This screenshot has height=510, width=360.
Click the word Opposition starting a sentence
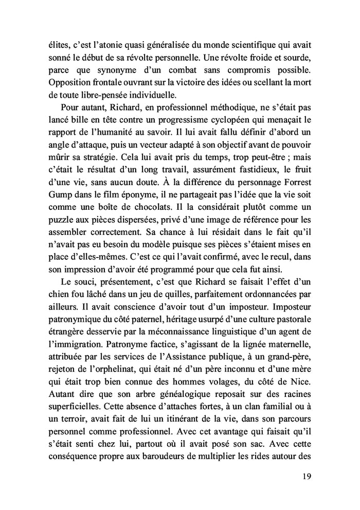tap(63, 83)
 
